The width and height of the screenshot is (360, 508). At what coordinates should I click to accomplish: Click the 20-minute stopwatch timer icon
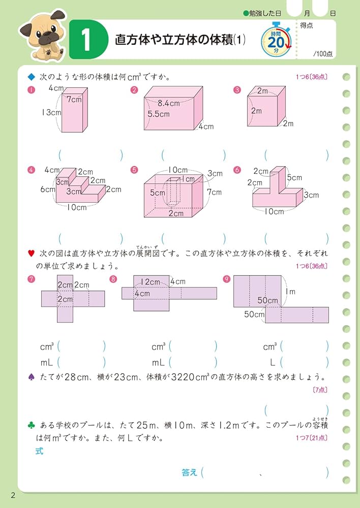[276, 40]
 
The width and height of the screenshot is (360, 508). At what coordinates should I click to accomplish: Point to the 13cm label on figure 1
[52, 113]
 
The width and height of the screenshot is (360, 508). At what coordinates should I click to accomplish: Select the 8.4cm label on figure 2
[168, 103]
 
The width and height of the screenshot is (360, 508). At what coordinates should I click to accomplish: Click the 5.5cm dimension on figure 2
[158, 114]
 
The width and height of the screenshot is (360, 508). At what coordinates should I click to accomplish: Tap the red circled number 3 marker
[236, 90]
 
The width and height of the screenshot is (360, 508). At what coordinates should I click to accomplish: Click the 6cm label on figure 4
[48, 189]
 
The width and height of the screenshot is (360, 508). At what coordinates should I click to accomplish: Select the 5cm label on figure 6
[294, 178]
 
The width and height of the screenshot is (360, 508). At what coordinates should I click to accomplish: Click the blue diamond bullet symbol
[31, 77]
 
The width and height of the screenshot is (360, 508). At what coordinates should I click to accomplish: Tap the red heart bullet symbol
[31, 252]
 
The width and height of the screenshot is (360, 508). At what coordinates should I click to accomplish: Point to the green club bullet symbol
[31, 425]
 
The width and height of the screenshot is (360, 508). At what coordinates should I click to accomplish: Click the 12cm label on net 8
[151, 282]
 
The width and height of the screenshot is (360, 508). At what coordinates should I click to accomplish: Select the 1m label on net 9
[290, 291]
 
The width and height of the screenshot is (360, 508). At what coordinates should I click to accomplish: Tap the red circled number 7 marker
[32, 278]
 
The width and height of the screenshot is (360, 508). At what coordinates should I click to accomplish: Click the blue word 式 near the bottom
[40, 451]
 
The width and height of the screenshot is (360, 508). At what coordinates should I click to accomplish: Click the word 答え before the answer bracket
[189, 472]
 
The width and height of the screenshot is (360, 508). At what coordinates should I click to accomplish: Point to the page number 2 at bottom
[13, 495]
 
